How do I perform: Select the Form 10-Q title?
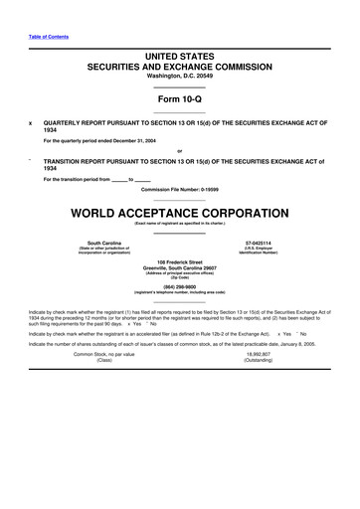tap(180, 101)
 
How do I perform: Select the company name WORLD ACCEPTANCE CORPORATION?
tap(180, 214)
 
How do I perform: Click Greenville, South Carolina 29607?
tap(180, 268)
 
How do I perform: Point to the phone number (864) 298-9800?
tap(180, 287)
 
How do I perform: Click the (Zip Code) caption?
tap(180, 279)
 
